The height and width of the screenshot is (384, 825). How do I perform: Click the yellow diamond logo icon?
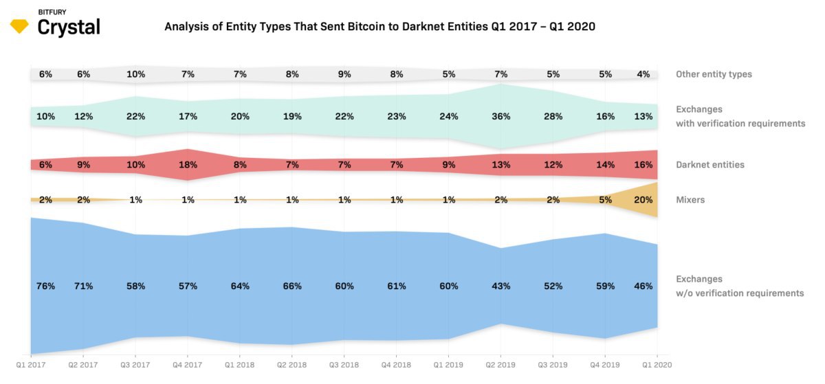[19, 27]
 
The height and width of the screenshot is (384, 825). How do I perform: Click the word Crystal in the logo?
[69, 27]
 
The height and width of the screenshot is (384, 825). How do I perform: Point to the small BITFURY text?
[53, 12]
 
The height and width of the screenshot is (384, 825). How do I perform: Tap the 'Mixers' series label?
[690, 200]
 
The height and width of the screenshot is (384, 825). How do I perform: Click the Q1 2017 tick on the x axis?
[30, 365]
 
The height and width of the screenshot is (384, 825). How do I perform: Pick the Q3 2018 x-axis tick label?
[344, 365]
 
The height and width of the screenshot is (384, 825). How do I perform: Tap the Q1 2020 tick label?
[657, 365]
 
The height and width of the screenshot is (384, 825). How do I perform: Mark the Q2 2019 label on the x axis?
[501, 365]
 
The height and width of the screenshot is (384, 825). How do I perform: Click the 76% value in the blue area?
[45, 286]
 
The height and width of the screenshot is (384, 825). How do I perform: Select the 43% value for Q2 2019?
[501, 286]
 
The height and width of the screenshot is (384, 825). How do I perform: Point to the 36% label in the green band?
[501, 117]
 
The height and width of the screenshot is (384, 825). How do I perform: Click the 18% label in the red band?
[188, 165]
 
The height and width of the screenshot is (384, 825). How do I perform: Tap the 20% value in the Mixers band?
[643, 200]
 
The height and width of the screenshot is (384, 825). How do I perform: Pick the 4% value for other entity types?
[643, 74]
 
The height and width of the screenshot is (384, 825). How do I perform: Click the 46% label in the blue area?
[643, 286]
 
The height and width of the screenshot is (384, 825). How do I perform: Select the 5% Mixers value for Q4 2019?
[606, 200]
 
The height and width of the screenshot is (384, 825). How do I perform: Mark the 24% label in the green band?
[449, 117]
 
